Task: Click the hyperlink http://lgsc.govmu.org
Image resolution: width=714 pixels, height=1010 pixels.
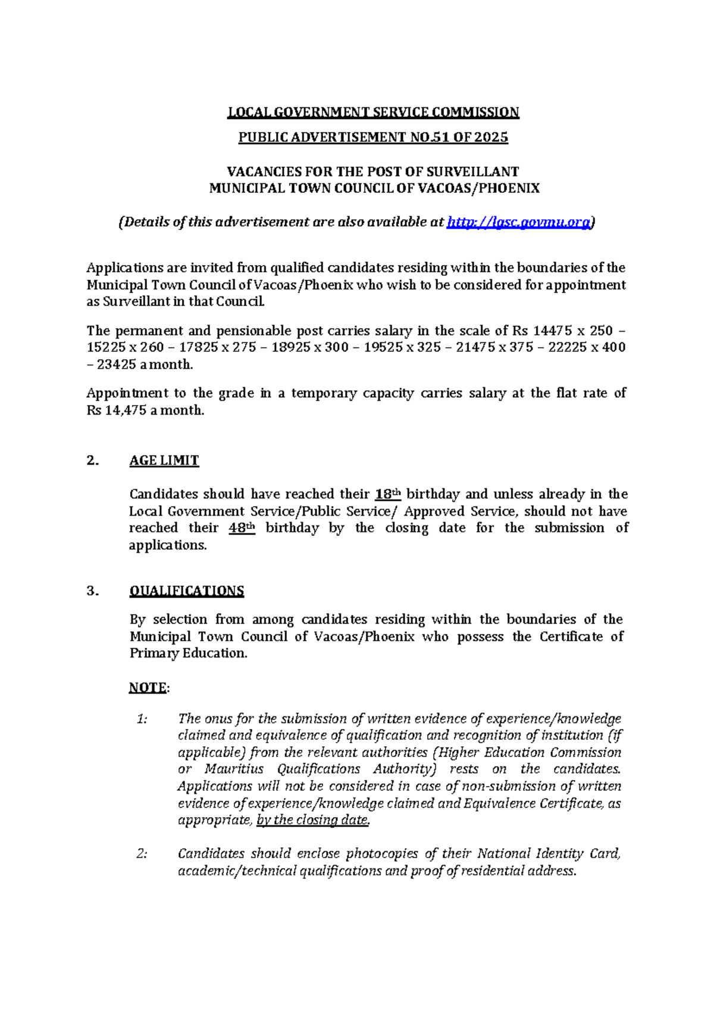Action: click(519, 222)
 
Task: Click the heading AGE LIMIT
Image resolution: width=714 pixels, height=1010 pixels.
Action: click(164, 460)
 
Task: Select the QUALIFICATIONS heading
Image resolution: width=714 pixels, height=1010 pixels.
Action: click(187, 591)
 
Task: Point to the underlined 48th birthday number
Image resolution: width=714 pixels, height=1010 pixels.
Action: click(242, 528)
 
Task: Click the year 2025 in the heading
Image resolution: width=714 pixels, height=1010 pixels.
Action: click(491, 138)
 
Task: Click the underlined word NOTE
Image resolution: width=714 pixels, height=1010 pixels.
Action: click(148, 687)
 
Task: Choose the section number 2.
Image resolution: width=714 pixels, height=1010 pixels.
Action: click(92, 460)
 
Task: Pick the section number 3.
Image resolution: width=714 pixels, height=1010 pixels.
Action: click(92, 591)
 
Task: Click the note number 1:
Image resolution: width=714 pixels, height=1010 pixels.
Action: click(142, 719)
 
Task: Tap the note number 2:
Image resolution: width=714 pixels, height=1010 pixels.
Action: click(142, 853)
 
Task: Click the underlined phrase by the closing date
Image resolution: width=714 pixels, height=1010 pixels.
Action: click(313, 820)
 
